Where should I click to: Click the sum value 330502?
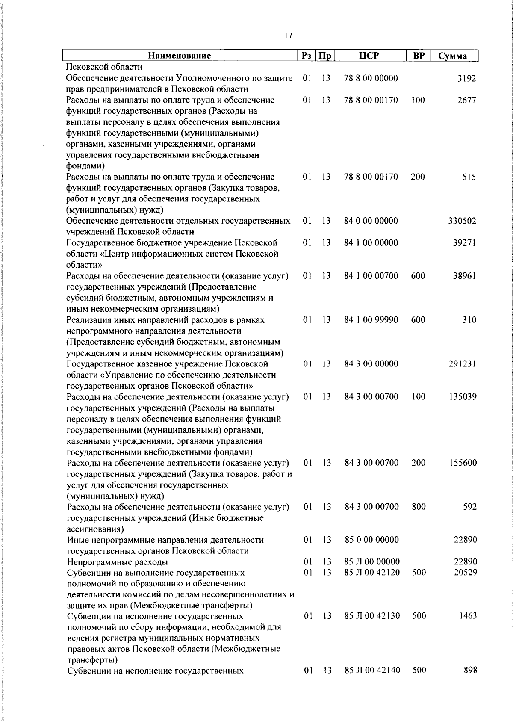click(x=462, y=221)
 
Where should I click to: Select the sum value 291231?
click(x=462, y=364)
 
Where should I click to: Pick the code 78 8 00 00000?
click(x=371, y=78)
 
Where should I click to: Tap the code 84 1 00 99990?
click(x=371, y=320)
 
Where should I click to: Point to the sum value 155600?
click(x=463, y=463)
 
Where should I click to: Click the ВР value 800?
click(x=419, y=507)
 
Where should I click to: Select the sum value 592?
click(x=470, y=507)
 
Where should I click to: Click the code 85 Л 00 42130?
click(x=372, y=616)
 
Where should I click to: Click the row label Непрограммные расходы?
click(x=118, y=562)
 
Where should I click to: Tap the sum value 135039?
click(x=463, y=397)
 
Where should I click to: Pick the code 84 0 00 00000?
click(x=371, y=221)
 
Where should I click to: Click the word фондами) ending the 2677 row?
click(x=85, y=166)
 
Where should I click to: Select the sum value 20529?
click(x=465, y=572)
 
